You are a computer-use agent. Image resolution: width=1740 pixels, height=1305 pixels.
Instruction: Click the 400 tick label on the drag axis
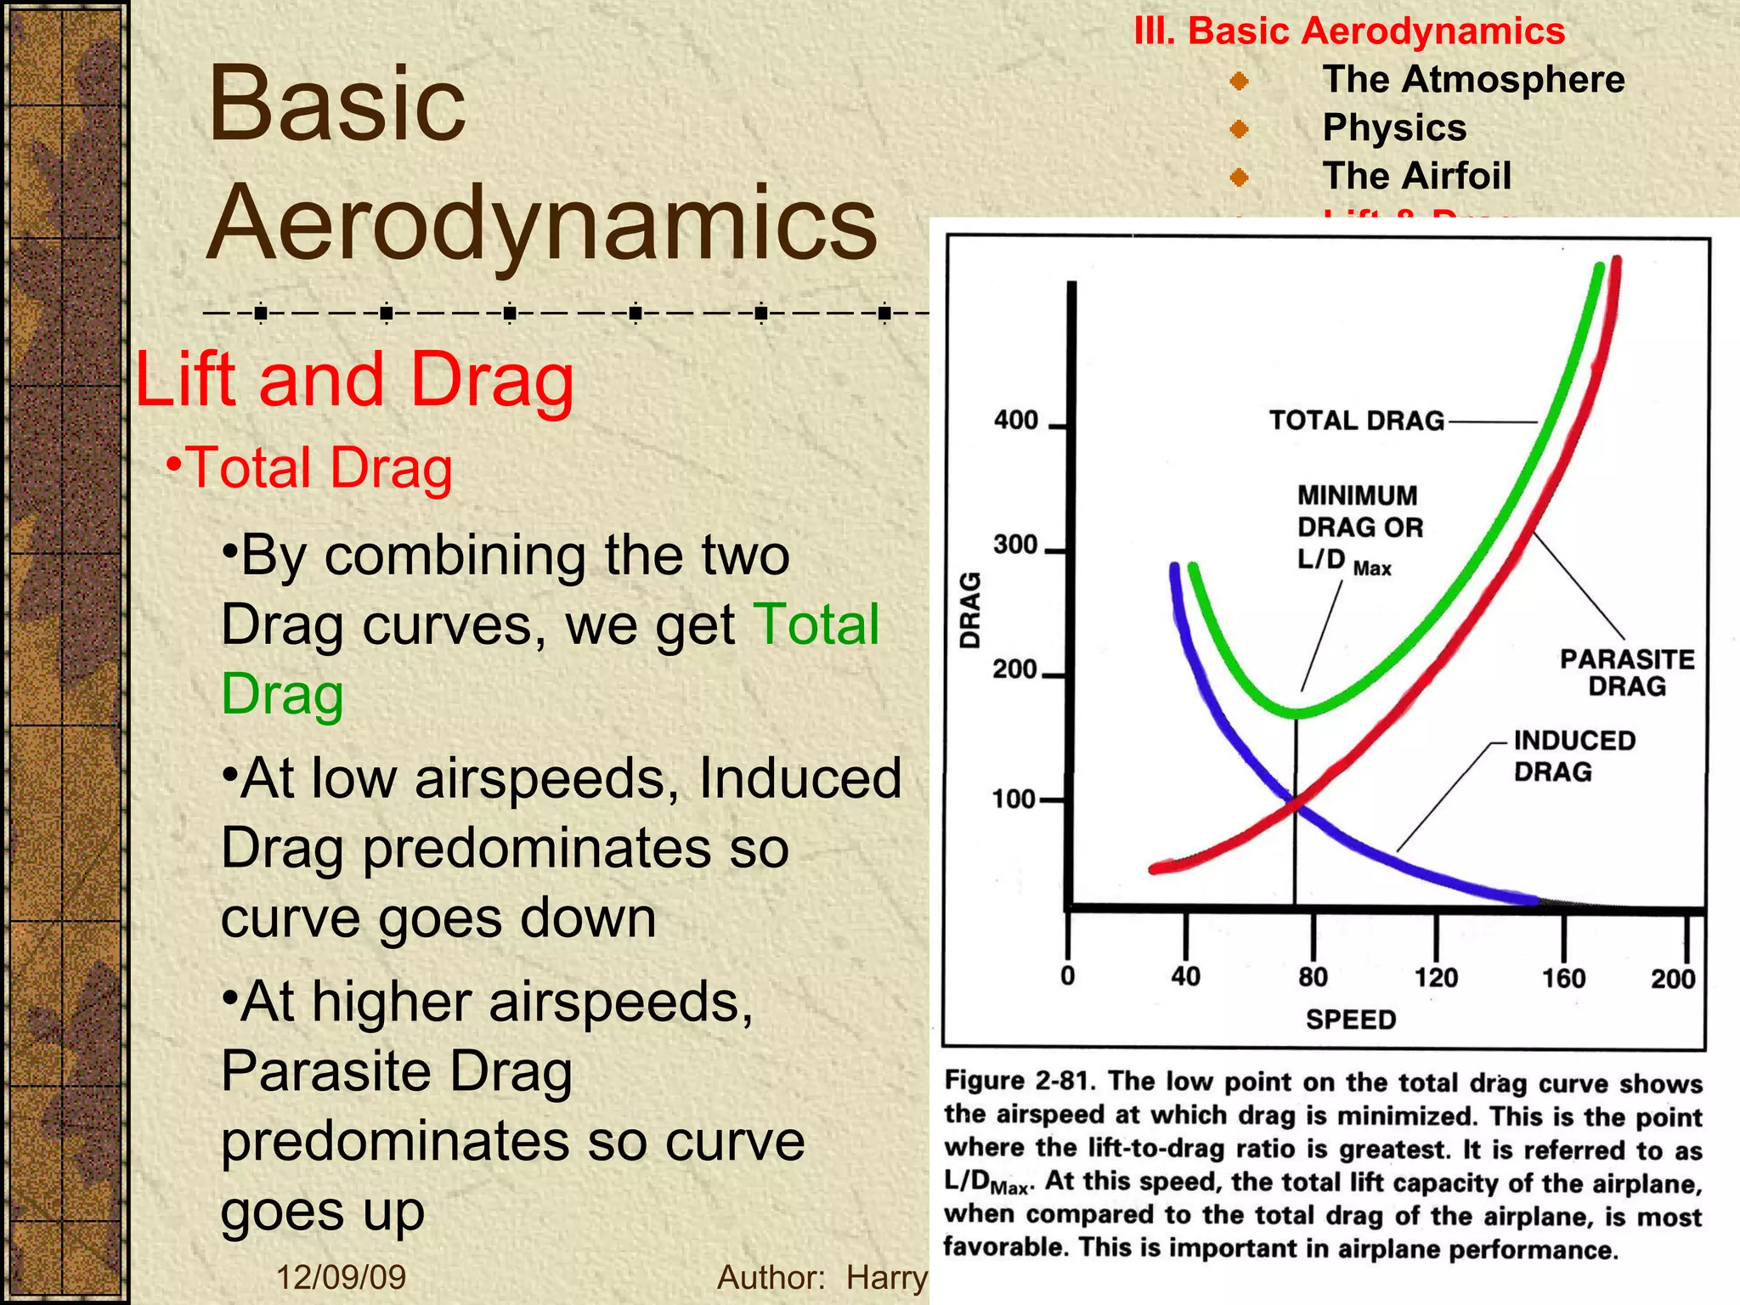[x=1016, y=421]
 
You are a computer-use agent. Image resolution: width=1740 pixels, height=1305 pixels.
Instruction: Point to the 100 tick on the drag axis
[x=1014, y=799]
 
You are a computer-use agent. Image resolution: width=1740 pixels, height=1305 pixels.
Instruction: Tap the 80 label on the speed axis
[x=1313, y=977]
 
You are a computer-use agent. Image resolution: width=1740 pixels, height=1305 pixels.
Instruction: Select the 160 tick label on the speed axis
[x=1563, y=978]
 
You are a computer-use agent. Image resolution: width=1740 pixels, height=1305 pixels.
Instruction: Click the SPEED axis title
[x=1351, y=1019]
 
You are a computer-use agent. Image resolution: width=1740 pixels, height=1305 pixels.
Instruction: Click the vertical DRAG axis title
[x=970, y=611]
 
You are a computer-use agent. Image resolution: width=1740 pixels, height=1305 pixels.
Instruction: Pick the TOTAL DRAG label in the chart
[x=1357, y=421]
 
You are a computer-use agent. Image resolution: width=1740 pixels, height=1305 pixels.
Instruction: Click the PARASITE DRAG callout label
[x=1627, y=672]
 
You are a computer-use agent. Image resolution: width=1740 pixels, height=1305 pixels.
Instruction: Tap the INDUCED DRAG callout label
[x=1573, y=755]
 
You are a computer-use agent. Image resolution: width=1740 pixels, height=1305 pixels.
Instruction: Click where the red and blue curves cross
[x=1294, y=800]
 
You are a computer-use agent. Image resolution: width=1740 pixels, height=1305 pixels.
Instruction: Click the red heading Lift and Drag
[x=355, y=380]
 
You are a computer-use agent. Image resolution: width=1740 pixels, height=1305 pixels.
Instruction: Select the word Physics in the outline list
[x=1394, y=127]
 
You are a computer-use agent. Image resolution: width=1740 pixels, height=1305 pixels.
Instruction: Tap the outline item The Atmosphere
[x=1473, y=79]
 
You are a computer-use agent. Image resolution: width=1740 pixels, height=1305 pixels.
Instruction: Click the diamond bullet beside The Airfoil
[x=1239, y=178]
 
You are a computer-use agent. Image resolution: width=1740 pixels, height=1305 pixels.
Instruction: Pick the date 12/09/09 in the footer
[x=342, y=1277]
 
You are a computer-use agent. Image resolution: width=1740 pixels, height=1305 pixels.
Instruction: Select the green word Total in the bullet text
[x=816, y=624]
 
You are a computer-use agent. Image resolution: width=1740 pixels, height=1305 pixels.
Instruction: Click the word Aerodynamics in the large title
[x=542, y=223]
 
